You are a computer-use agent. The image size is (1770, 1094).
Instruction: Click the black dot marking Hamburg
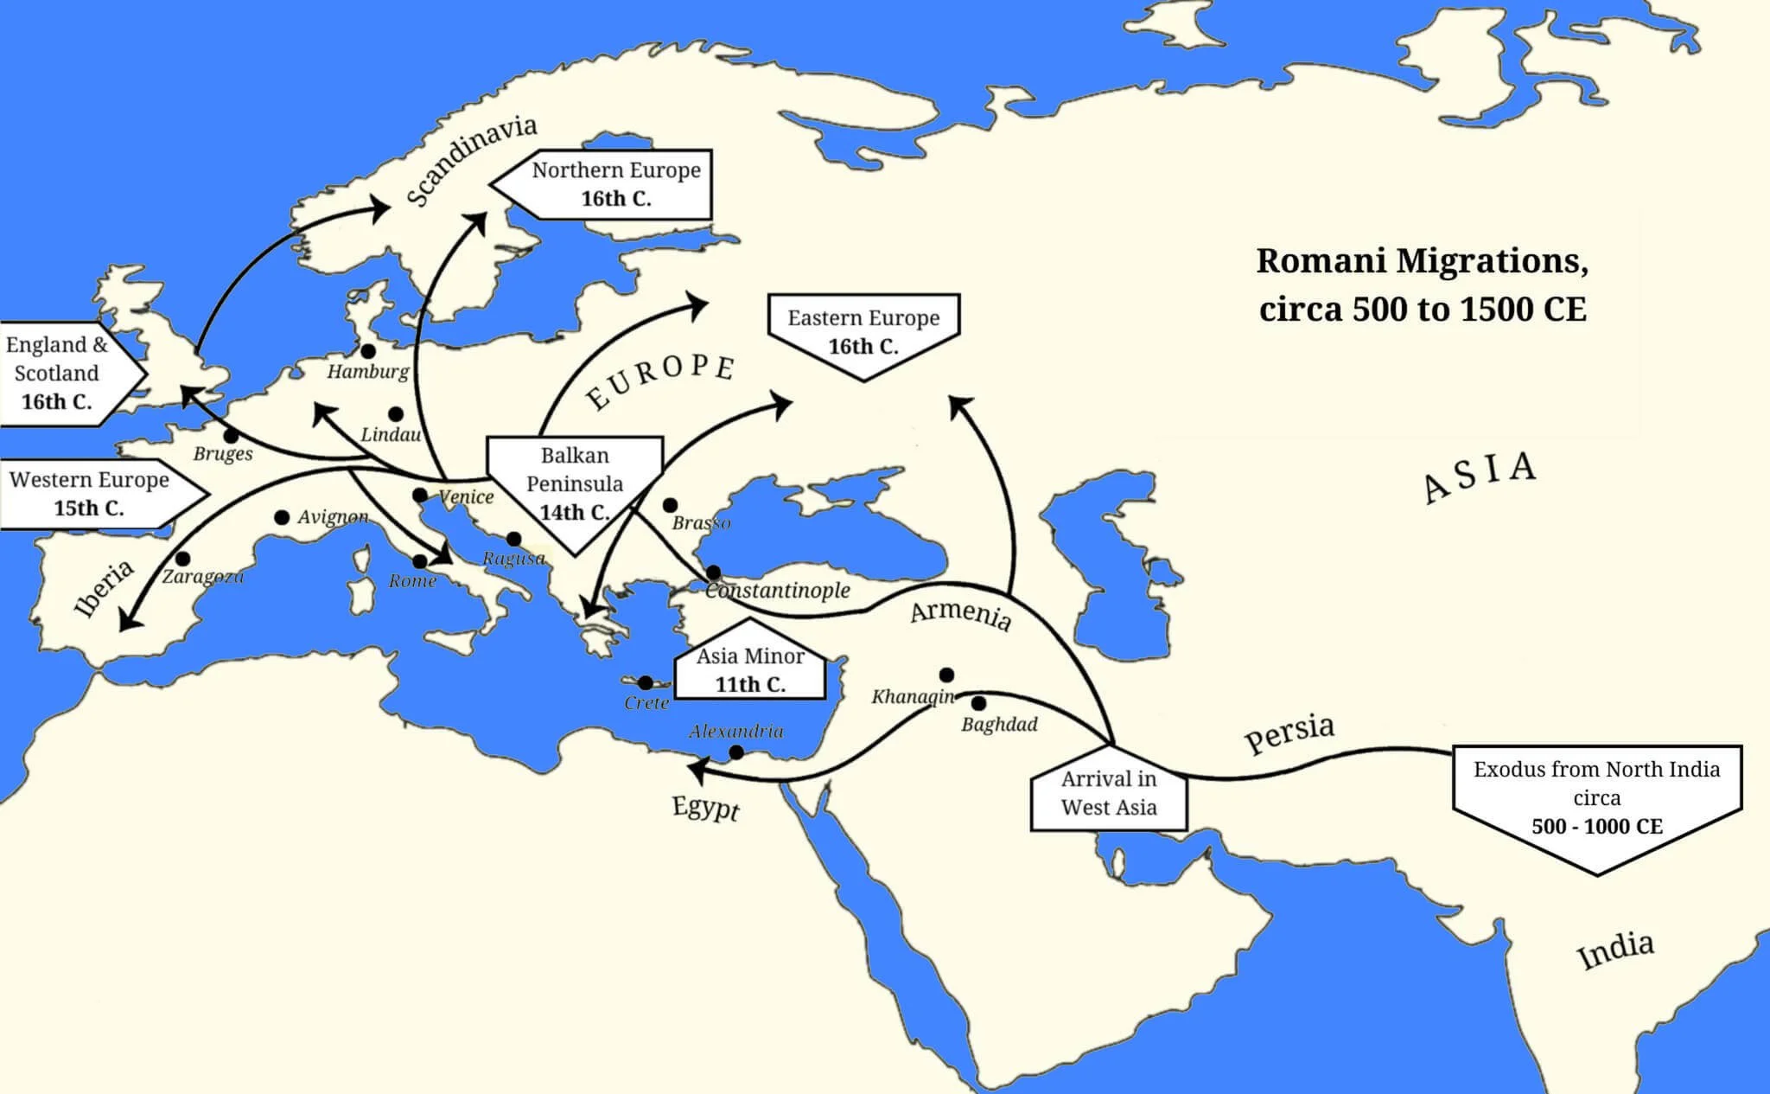[x=368, y=351]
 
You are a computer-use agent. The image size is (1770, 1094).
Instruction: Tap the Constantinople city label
[x=778, y=591]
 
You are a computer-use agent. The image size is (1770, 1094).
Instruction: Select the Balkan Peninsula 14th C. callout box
[x=575, y=483]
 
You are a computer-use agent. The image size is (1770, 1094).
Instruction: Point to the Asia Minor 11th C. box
[x=749, y=669]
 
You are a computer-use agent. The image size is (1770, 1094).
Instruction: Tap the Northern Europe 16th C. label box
[x=615, y=184]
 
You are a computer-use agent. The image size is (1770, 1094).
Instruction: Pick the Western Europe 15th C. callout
[x=90, y=493]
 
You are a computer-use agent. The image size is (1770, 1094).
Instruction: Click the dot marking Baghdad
[x=978, y=704]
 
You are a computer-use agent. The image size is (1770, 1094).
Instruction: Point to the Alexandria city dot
[x=736, y=752]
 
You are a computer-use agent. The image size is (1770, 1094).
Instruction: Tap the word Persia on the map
[x=1289, y=733]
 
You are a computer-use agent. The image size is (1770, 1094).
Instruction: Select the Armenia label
[x=960, y=613]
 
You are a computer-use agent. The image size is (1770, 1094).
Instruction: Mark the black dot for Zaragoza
[x=182, y=560]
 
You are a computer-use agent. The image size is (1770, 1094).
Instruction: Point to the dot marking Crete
[x=645, y=683]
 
